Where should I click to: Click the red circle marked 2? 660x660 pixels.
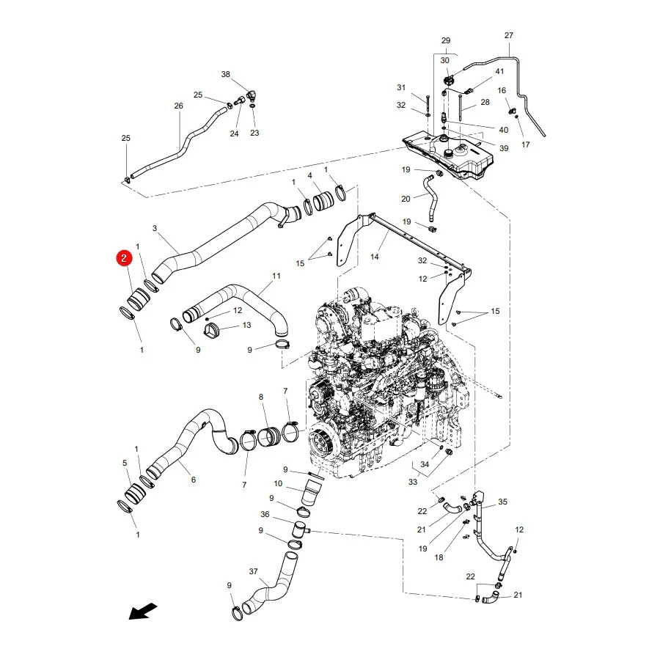pyautogui.click(x=124, y=258)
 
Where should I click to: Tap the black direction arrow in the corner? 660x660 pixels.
pyautogui.click(x=143, y=611)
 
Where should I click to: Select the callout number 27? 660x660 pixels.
pyautogui.click(x=508, y=35)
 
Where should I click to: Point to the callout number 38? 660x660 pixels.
pyautogui.click(x=226, y=74)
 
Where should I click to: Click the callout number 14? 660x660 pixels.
pyautogui.click(x=374, y=257)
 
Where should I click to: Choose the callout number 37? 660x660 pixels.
pyautogui.click(x=253, y=571)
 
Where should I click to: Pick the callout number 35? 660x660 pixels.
pyautogui.click(x=502, y=502)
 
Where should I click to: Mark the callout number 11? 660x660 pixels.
pyautogui.click(x=276, y=276)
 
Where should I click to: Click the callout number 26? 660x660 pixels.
pyautogui.click(x=178, y=106)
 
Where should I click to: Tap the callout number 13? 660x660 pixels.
pyautogui.click(x=246, y=325)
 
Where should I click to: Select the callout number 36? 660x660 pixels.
pyautogui.click(x=265, y=514)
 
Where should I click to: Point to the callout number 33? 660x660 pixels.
pyautogui.click(x=412, y=482)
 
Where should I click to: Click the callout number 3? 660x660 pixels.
pyautogui.click(x=155, y=228)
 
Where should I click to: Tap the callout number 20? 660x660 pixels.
pyautogui.click(x=406, y=199)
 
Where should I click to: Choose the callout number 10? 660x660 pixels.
pyautogui.click(x=278, y=484)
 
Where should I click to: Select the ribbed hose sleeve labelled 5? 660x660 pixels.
pyautogui.click(x=135, y=493)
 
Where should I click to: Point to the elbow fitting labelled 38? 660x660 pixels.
pyautogui.click(x=252, y=96)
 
